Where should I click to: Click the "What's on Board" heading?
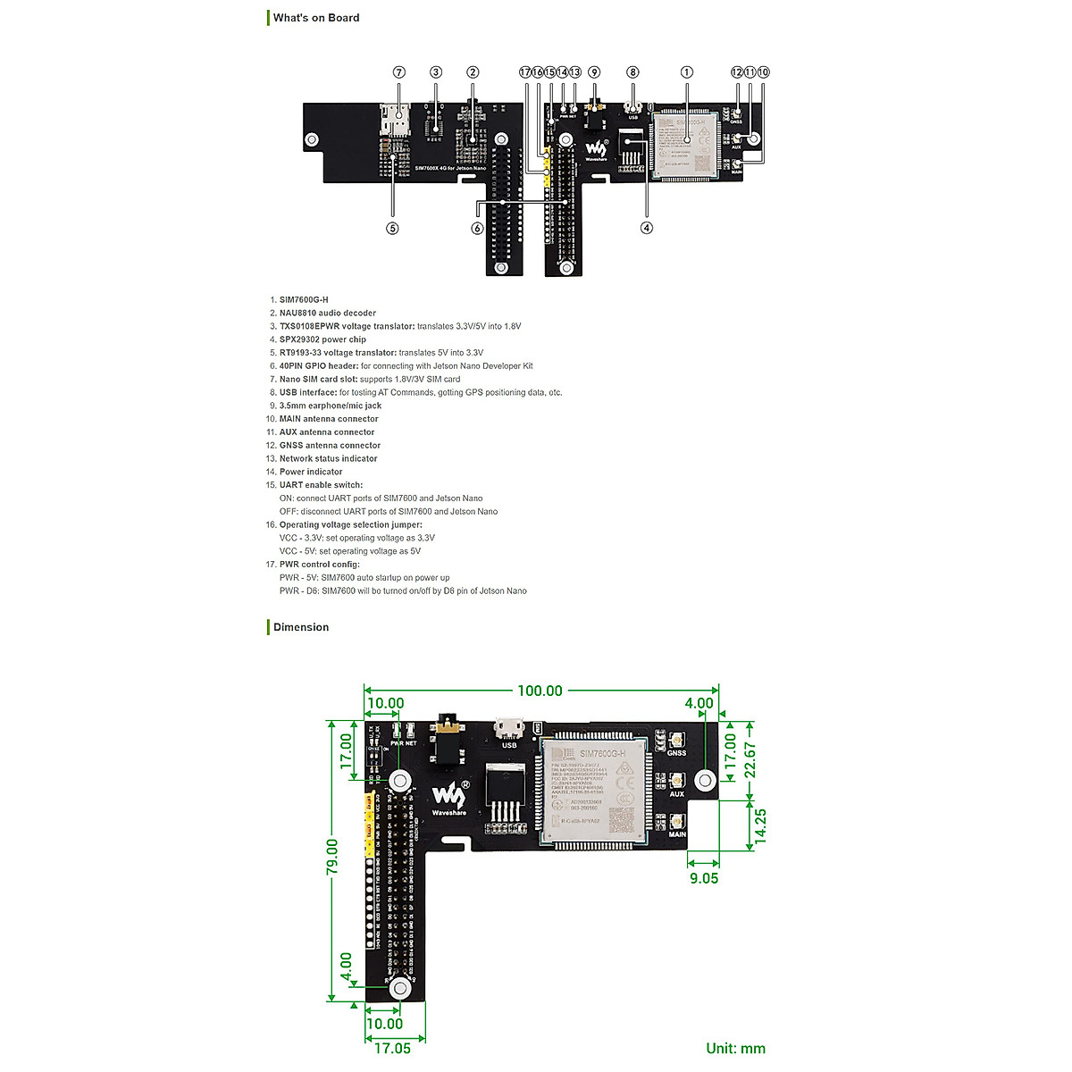click(316, 18)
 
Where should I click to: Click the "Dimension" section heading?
click(301, 627)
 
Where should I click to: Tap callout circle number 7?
click(399, 72)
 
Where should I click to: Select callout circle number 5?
click(392, 228)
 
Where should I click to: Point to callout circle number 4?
click(647, 228)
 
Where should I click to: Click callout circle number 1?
click(687, 72)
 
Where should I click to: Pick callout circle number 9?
click(594, 72)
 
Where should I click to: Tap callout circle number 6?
click(478, 228)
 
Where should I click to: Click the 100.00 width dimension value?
click(540, 691)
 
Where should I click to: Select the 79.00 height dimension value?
click(332, 858)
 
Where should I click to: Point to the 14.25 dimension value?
click(760, 825)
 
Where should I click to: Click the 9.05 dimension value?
click(704, 878)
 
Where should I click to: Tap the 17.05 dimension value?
click(392, 1048)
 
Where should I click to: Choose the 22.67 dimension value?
click(751, 761)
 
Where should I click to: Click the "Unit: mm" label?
click(735, 1049)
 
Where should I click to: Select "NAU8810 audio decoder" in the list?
click(327, 314)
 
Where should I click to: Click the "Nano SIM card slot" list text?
click(318, 380)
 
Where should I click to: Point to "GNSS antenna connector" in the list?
click(330, 446)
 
